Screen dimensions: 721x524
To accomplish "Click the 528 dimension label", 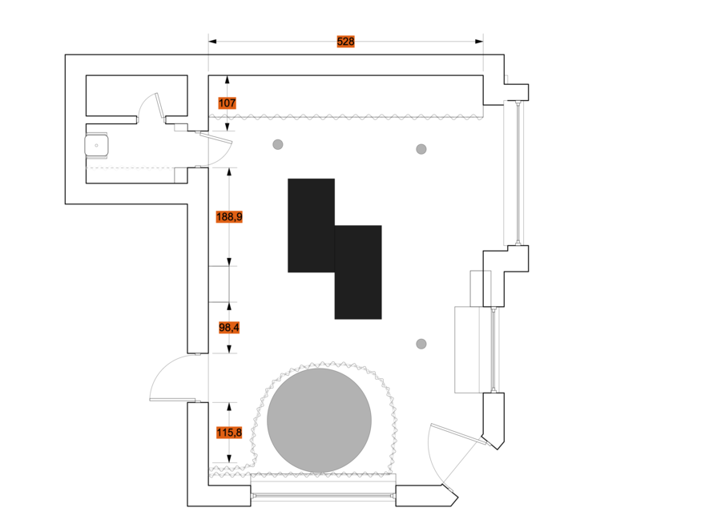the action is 346,42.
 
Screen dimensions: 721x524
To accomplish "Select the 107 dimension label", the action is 228,103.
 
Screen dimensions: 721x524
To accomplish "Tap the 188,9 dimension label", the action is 229,216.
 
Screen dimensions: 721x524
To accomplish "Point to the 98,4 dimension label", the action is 229,328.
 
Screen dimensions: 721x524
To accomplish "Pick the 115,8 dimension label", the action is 229,433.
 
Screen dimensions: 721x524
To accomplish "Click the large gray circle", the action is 319,421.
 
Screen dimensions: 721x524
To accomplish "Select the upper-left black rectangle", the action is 312,225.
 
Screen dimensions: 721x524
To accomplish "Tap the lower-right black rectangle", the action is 358,272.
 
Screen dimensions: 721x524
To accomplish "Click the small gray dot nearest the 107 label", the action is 278,144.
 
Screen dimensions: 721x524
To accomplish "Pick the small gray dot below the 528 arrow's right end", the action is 421,149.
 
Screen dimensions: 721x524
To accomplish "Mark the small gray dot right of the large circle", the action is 421,344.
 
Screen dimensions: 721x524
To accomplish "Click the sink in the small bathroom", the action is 97,145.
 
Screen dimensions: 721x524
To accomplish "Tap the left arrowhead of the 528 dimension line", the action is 212,42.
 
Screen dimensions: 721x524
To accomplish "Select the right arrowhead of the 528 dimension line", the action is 479,42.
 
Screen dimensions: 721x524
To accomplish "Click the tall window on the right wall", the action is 518,172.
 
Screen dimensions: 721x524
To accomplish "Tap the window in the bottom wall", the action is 323,496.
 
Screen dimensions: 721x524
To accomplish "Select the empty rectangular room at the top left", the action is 136,95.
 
